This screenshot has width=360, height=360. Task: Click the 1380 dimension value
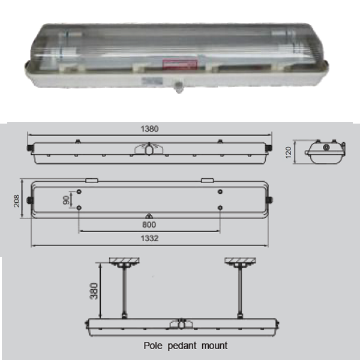[149, 128]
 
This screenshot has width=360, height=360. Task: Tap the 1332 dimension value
[149, 239]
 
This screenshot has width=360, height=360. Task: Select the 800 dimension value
[149, 224]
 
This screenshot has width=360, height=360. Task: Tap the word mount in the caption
[214, 346]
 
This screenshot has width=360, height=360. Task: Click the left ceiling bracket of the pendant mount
[124, 262]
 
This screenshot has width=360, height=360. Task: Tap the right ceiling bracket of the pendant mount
[239, 262]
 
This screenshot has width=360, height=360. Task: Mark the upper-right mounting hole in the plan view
[220, 192]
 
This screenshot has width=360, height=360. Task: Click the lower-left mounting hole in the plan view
[79, 208]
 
